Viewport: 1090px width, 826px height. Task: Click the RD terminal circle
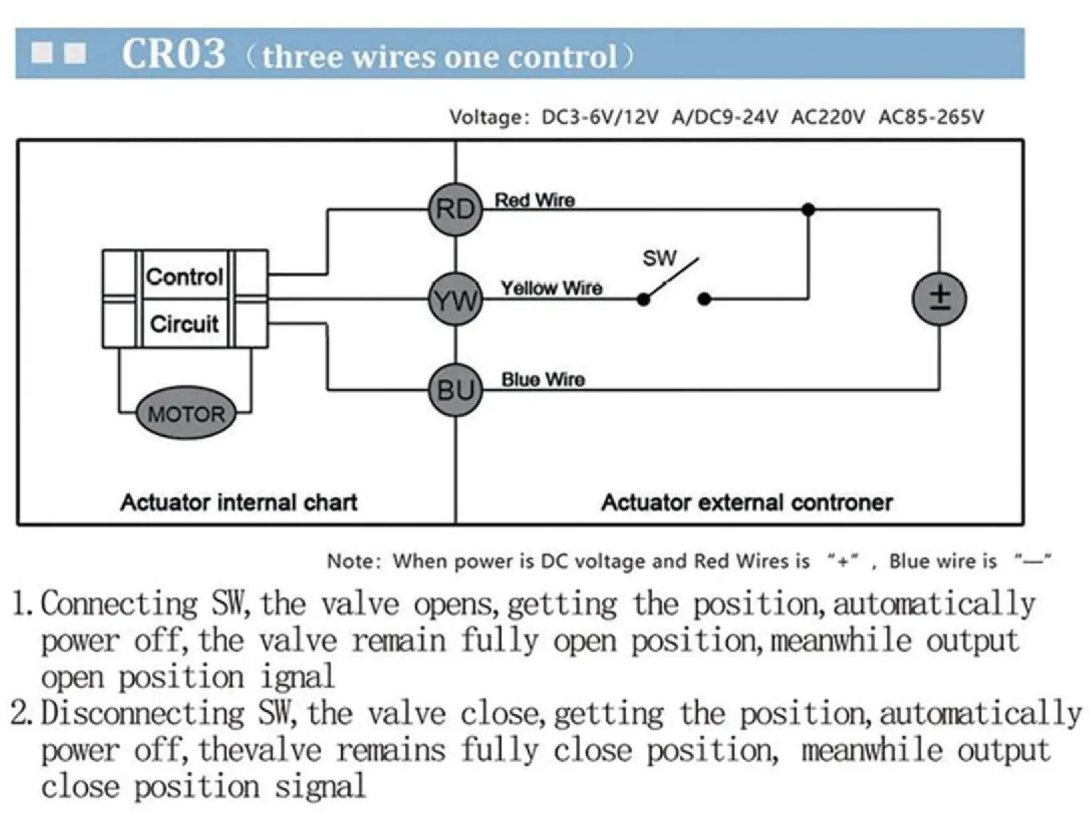455,209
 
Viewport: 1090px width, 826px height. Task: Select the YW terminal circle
455,300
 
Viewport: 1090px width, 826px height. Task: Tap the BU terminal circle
455,389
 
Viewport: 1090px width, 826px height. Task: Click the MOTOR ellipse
186,414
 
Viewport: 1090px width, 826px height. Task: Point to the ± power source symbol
939,298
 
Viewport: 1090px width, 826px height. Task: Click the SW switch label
659,258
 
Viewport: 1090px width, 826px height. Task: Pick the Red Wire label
535,200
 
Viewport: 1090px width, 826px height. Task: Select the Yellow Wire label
551,288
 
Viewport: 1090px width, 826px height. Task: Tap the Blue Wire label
543,379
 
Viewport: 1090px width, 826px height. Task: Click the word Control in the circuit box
184,276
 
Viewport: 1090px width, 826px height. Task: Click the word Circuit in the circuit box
184,324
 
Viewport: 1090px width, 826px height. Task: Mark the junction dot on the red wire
808,209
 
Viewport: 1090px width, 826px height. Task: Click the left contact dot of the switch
644,300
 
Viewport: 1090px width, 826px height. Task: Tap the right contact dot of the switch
704,300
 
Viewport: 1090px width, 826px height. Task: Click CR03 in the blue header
173,54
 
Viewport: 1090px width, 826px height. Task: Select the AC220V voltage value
828,118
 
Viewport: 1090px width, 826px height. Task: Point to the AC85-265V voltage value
931,118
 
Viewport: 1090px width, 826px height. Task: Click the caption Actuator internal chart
239,502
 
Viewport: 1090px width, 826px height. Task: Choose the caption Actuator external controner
747,502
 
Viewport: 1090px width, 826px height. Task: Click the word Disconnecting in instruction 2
143,714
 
